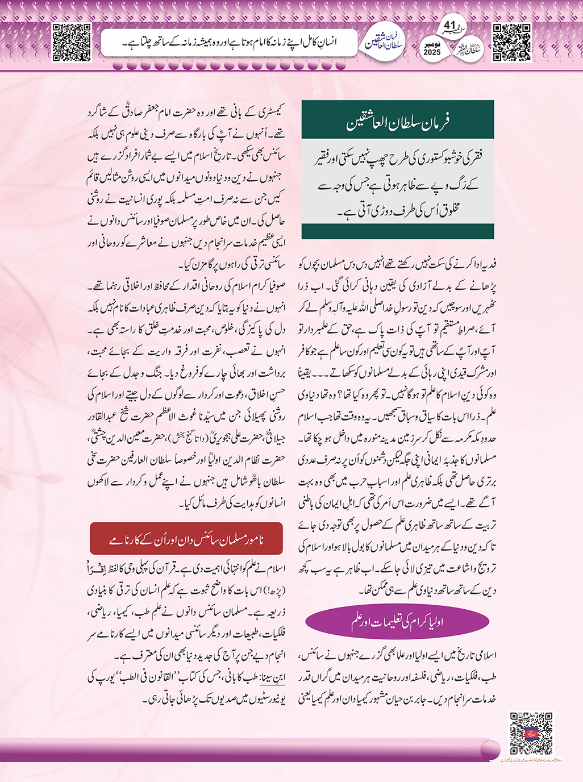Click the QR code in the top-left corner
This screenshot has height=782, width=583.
pos(71,42)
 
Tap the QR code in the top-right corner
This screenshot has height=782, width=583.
pos(511,42)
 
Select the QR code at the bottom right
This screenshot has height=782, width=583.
pos(531,733)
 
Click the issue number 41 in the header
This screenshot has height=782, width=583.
pos(449,26)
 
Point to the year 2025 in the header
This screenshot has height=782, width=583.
pos(432,52)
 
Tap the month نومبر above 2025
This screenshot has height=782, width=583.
pos(432,44)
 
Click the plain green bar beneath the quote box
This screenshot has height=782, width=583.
pos(397,231)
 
